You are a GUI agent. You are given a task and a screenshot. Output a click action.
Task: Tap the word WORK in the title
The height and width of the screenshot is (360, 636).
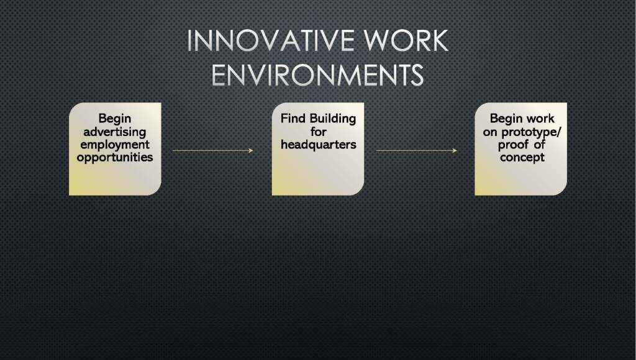(x=406, y=40)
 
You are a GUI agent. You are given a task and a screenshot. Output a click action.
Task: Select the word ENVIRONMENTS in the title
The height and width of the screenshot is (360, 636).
(x=317, y=75)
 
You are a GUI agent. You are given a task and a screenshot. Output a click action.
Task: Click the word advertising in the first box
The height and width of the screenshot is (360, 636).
(x=115, y=132)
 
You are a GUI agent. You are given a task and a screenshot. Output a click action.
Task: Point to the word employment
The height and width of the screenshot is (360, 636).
(x=115, y=145)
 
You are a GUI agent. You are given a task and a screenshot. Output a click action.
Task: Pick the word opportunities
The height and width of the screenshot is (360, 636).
(x=115, y=157)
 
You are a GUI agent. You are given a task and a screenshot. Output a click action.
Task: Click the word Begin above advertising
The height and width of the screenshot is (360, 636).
(x=115, y=119)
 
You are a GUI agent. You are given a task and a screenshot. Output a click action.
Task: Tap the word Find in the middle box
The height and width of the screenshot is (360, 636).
(x=293, y=119)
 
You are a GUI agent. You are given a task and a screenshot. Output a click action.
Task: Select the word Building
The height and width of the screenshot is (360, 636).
(x=333, y=119)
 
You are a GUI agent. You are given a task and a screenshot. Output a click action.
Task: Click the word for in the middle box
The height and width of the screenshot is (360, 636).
(x=319, y=132)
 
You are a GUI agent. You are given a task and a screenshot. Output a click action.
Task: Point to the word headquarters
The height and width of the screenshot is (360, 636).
(x=319, y=145)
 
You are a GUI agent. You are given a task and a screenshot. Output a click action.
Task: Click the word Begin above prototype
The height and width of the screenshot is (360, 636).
(x=506, y=119)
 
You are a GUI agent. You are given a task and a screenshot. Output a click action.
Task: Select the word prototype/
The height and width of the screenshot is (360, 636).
(x=531, y=132)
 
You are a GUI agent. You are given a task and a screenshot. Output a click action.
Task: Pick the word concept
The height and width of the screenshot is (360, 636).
(x=522, y=158)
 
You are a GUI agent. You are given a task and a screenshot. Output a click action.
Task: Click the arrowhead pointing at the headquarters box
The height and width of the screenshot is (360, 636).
(x=251, y=150)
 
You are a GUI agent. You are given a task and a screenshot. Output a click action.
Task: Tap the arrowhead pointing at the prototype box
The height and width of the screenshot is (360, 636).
(x=455, y=150)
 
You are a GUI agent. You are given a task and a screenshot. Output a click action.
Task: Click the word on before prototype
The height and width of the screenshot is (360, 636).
(x=490, y=133)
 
